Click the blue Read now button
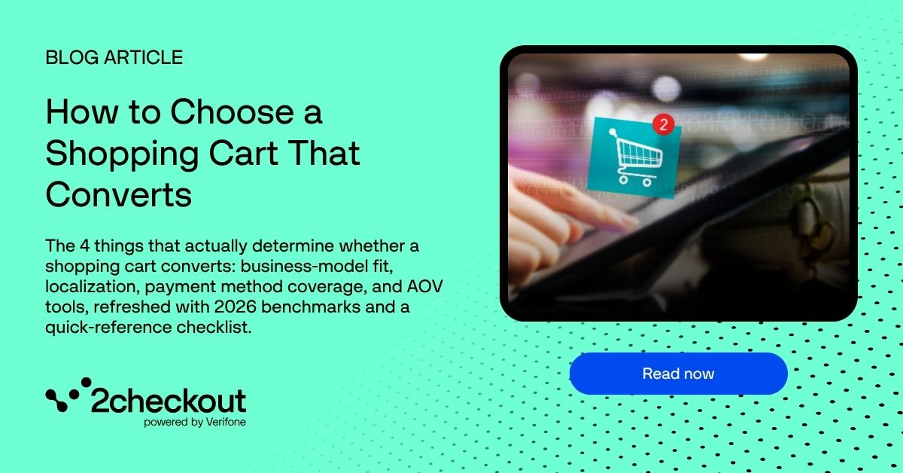[x=678, y=374]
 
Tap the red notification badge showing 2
[x=663, y=124]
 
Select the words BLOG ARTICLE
[x=114, y=57]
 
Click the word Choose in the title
[x=232, y=111]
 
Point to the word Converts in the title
[x=119, y=195]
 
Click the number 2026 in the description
[x=235, y=307]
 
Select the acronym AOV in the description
[x=424, y=286]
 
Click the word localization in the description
[x=92, y=286]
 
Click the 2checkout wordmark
[x=168, y=401]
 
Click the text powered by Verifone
[x=195, y=422]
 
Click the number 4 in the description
[x=84, y=246]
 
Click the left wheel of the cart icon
[x=623, y=179]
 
